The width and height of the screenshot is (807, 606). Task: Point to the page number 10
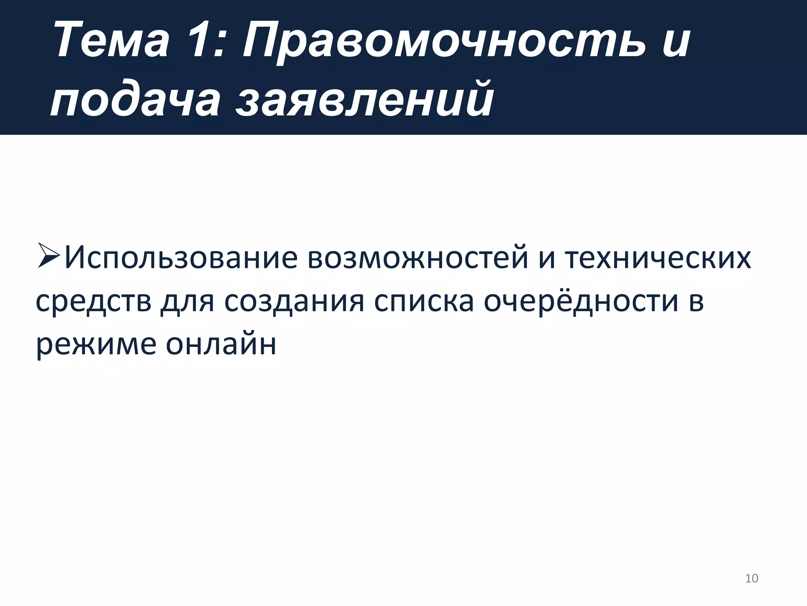[x=751, y=578]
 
